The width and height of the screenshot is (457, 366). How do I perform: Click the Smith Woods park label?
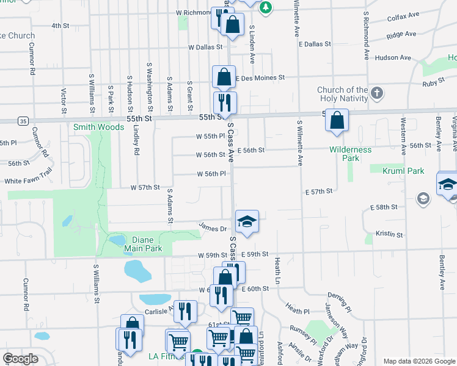(98, 127)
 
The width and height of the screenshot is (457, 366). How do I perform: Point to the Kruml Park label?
(404, 171)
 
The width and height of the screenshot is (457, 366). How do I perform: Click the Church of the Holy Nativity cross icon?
(377, 93)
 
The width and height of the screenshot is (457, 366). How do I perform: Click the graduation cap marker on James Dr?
(247, 221)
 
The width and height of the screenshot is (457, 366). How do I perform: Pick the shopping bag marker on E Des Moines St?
(224, 77)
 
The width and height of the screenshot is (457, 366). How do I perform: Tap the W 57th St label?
(145, 188)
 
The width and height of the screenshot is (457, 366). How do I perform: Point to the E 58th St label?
(384, 207)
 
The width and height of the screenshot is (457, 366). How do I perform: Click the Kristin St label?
(390, 234)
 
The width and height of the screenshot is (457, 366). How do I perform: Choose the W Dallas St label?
(208, 47)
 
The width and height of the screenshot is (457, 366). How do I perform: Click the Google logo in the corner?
(20, 359)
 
